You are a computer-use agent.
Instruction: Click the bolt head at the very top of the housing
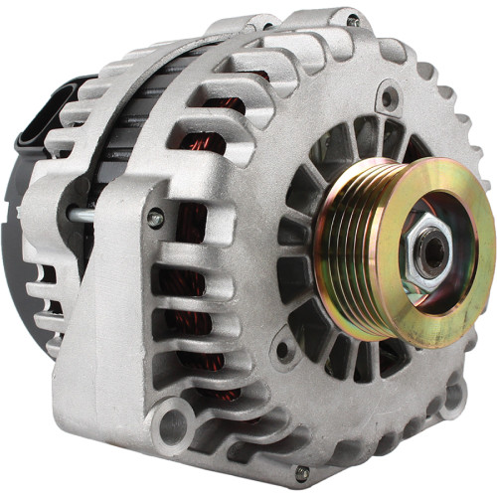tap(353, 20)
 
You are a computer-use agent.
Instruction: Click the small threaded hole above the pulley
tap(390, 97)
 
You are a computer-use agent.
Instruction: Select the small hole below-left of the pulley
tap(284, 350)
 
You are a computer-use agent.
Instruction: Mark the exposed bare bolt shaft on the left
tap(84, 213)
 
